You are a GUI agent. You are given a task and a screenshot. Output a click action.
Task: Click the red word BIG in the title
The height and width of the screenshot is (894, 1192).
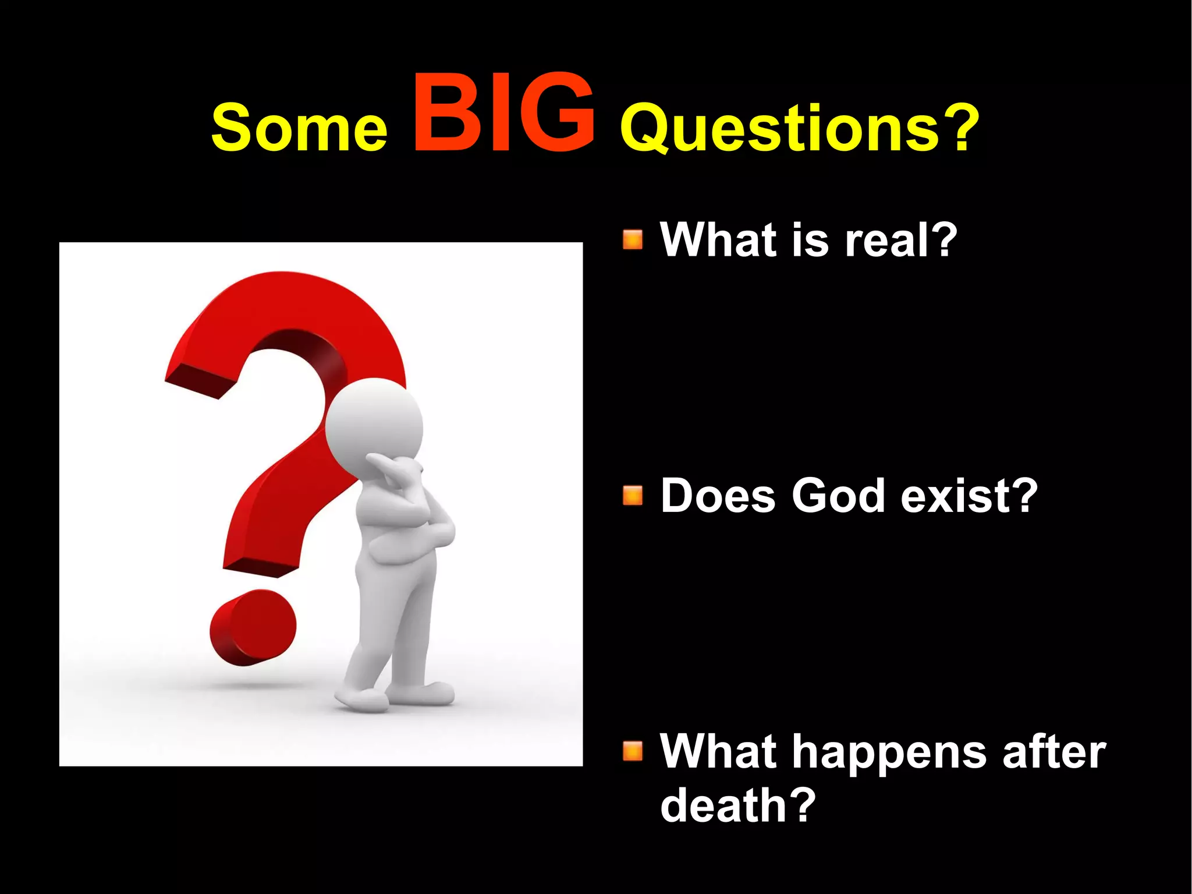point(504,114)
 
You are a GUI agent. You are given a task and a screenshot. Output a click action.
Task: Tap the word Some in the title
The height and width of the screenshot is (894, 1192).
point(299,128)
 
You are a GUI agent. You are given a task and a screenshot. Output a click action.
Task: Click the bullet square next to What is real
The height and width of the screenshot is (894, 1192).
point(633,239)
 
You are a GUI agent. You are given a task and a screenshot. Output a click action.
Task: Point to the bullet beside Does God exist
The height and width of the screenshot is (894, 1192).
point(633,496)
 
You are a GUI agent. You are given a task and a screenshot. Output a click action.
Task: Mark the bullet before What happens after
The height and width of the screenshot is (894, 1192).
point(633,751)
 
